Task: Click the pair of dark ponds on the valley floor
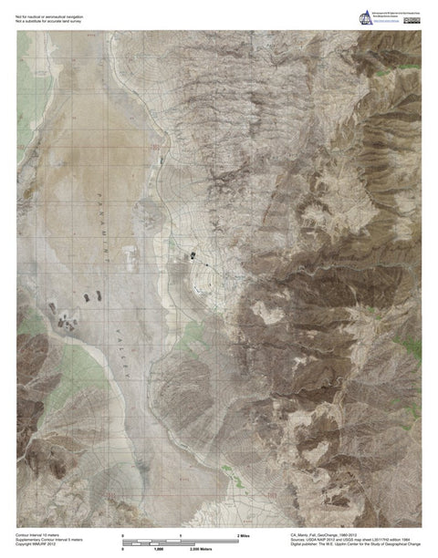[93, 296]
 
